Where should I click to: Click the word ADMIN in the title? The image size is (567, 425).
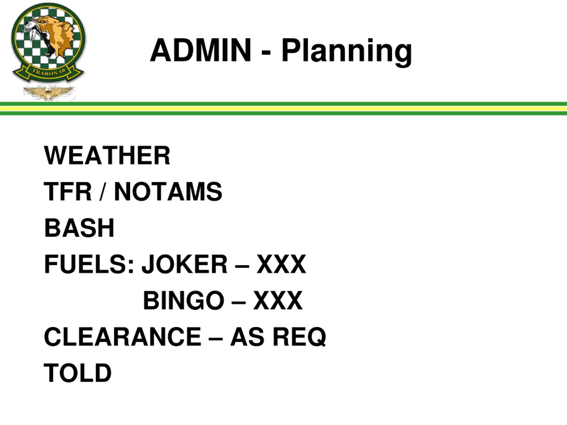(x=200, y=50)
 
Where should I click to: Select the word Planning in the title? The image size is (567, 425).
(x=347, y=51)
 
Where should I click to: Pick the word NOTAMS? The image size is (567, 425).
(x=168, y=192)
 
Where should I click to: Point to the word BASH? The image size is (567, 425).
(x=79, y=228)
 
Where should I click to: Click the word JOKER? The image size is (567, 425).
(x=184, y=264)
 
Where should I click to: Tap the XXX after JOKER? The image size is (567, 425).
(x=282, y=264)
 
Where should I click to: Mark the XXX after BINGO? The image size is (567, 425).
(x=278, y=301)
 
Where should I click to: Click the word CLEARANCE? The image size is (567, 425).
(x=122, y=337)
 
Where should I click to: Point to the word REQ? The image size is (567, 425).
(x=299, y=337)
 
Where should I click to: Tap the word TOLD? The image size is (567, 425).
(x=78, y=373)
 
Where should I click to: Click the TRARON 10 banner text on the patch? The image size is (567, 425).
(x=49, y=72)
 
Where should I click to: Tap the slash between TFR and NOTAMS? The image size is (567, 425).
(x=103, y=192)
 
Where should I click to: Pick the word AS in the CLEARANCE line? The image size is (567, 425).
(x=247, y=337)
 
